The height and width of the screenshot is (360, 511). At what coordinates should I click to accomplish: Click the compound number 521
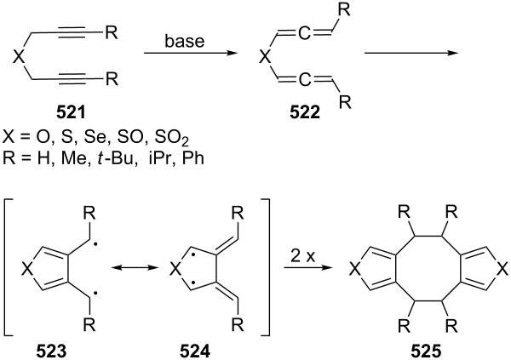[x=71, y=113]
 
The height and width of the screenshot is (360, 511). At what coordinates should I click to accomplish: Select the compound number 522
[x=305, y=113]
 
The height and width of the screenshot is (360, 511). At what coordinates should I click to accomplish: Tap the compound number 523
[x=51, y=351]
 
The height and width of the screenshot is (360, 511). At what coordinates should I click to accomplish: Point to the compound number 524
[x=196, y=351]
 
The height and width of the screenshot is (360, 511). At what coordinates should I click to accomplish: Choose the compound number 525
[x=426, y=351]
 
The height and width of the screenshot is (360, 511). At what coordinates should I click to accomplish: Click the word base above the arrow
[x=185, y=42]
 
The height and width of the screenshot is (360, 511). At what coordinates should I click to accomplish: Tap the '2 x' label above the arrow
[x=303, y=257]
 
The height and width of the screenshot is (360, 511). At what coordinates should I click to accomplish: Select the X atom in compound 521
[x=19, y=58]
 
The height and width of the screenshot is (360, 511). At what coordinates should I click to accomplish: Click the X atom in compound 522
[x=265, y=58]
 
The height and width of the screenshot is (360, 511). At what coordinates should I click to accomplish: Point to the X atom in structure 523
[x=28, y=270]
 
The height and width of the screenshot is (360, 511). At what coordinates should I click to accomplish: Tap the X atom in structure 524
[x=175, y=270]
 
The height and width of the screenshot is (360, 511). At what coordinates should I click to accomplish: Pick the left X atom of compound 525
[x=354, y=270]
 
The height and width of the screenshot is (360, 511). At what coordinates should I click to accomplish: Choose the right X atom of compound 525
[x=503, y=270]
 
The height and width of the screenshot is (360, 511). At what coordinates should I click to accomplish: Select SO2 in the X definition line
[x=172, y=139]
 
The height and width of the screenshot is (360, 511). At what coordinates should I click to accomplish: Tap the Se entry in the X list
[x=95, y=138]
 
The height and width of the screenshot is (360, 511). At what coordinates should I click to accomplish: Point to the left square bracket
[x=9, y=267]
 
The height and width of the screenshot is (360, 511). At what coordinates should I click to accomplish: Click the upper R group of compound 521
[x=111, y=32]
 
